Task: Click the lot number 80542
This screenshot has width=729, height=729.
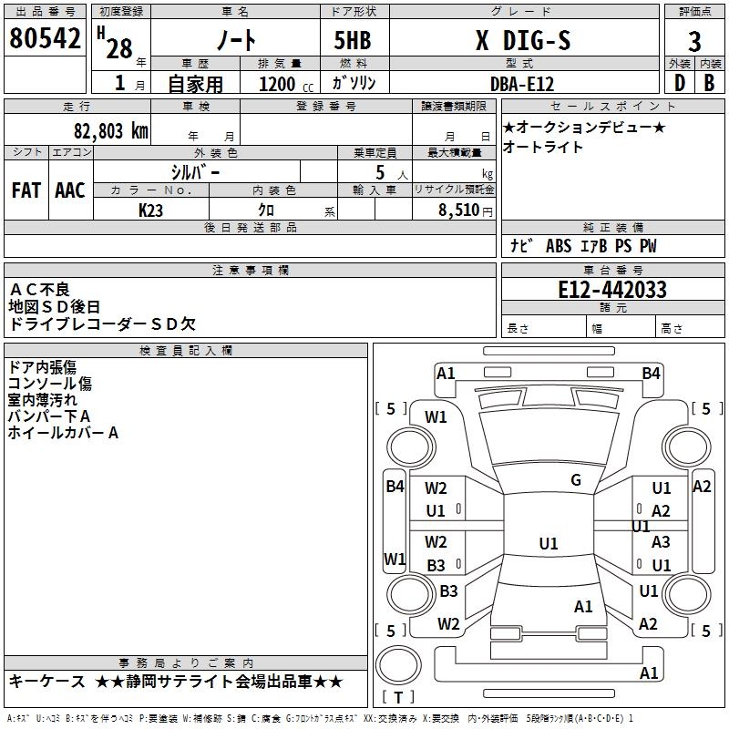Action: (45, 38)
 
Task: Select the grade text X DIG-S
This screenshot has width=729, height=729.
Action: (523, 40)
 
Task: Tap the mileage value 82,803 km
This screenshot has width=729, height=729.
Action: (111, 130)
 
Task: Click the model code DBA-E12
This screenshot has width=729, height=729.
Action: (522, 84)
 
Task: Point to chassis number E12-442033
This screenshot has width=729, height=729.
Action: (612, 290)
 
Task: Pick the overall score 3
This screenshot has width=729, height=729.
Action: (694, 42)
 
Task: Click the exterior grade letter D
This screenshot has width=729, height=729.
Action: (680, 83)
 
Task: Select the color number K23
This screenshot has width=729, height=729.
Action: (150, 210)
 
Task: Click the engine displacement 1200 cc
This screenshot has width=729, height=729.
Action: (286, 84)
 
